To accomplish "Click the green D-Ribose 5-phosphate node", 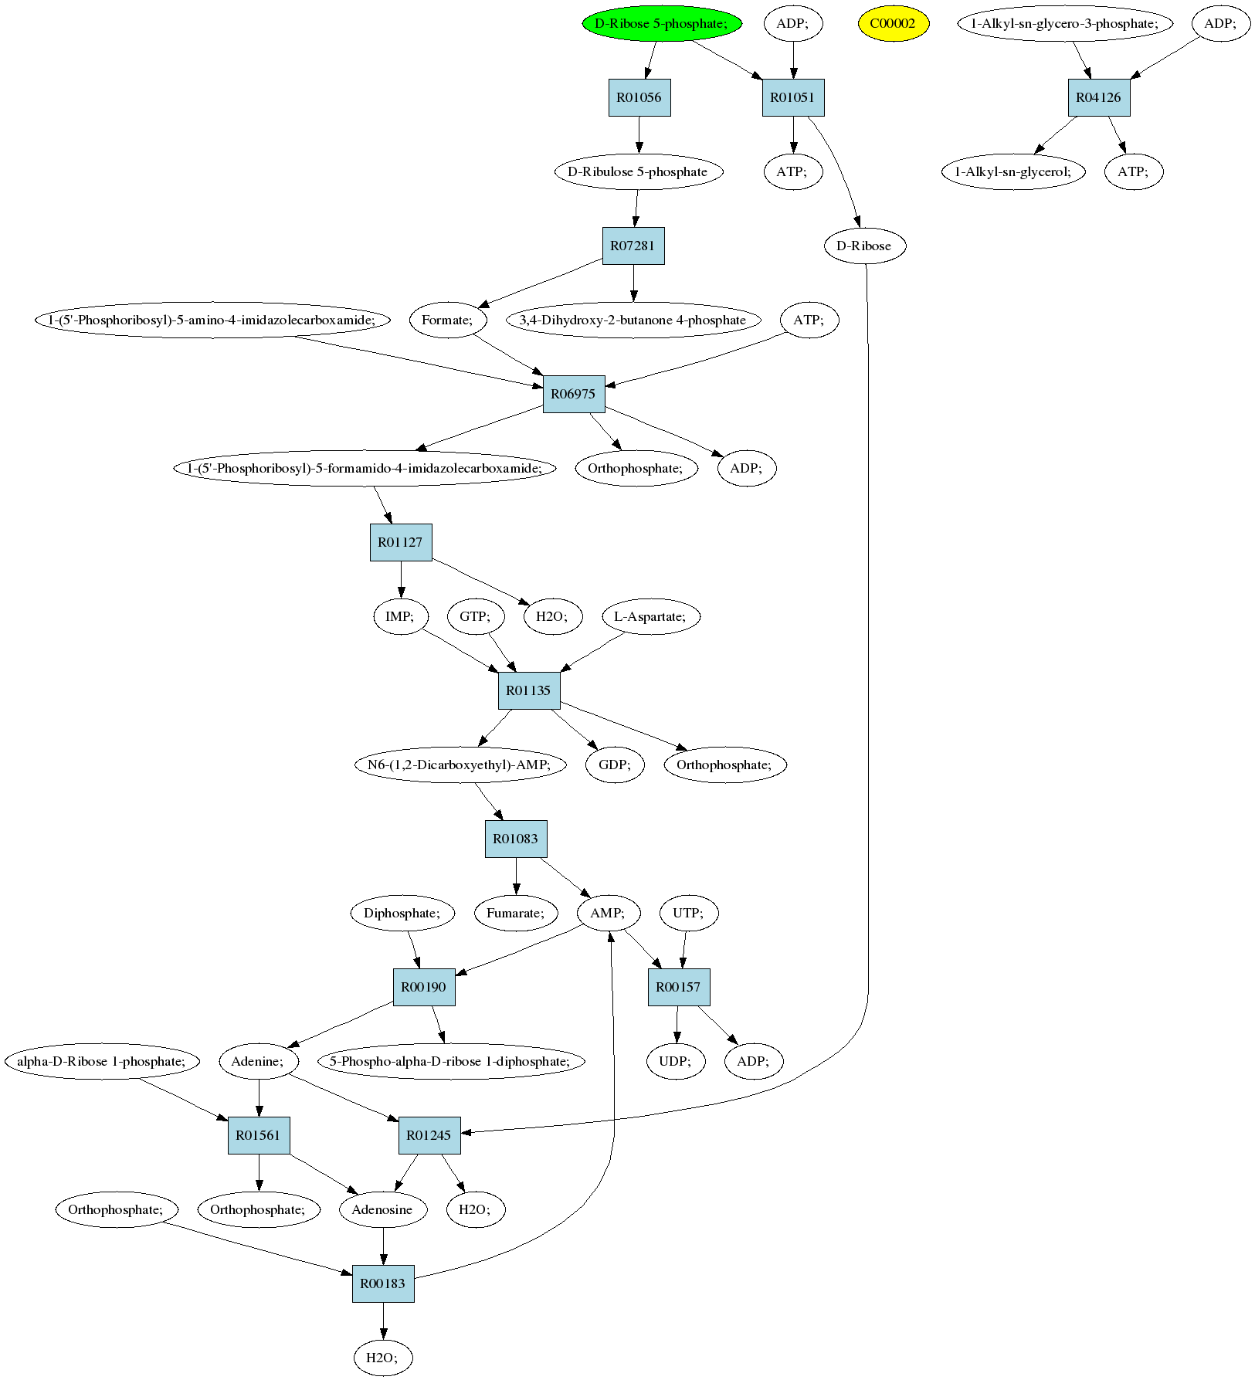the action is (x=662, y=24).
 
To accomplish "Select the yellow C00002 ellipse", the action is (x=893, y=24).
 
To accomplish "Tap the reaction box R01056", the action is (x=639, y=98).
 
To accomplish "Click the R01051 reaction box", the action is (x=793, y=98).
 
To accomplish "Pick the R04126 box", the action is (x=1099, y=98).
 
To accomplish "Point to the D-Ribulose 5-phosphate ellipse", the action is (x=639, y=172).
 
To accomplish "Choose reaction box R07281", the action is (x=633, y=246).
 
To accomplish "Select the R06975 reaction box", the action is (x=574, y=395).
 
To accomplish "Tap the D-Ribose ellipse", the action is (x=864, y=246).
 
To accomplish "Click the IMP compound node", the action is (x=401, y=617).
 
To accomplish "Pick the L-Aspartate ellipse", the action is (x=651, y=617).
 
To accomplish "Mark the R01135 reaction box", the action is (x=529, y=691).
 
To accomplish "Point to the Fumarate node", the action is (x=516, y=914).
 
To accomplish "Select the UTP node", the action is (x=689, y=914).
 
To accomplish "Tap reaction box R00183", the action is (x=384, y=1284).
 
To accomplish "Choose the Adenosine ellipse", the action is (x=383, y=1210).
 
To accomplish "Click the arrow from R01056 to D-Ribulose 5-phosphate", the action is (x=639, y=135).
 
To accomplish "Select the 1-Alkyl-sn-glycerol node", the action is (x=1014, y=172).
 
